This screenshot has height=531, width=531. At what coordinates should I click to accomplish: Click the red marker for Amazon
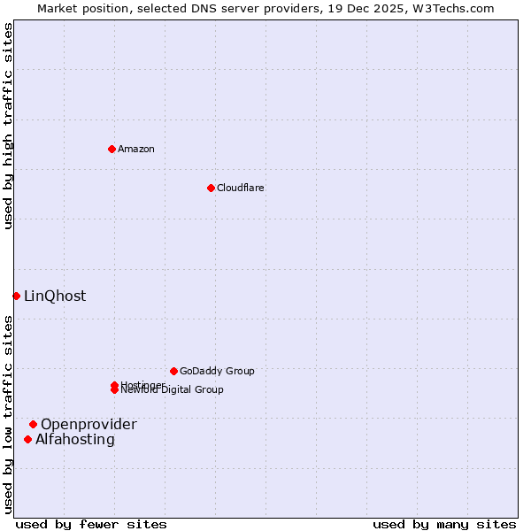tap(112, 149)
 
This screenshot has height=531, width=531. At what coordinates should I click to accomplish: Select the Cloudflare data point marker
tap(211, 188)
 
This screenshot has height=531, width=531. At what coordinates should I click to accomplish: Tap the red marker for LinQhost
tap(16, 296)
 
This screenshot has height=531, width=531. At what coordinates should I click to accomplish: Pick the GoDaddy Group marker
tap(173, 371)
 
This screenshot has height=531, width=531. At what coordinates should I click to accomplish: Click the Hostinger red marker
tap(114, 385)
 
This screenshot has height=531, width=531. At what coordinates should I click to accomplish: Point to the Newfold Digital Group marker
tap(114, 390)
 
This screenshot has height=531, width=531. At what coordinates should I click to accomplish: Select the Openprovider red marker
tap(33, 424)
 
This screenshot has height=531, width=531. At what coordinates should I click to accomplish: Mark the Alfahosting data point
tap(27, 439)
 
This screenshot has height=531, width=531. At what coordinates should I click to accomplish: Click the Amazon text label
tap(136, 149)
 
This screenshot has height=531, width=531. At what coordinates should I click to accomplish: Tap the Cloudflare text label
tap(241, 188)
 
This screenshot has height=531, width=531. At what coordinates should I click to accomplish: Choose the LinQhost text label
tap(55, 296)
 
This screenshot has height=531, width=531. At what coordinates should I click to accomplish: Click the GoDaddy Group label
tap(217, 371)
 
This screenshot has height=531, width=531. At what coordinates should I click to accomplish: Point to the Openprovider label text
tap(88, 424)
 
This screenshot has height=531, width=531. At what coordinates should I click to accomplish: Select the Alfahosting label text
tap(75, 439)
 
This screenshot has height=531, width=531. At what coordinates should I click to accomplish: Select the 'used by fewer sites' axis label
tap(91, 524)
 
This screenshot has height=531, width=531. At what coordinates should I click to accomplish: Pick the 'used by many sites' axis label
tap(444, 524)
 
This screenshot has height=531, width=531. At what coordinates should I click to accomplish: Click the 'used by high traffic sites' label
tap(8, 126)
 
